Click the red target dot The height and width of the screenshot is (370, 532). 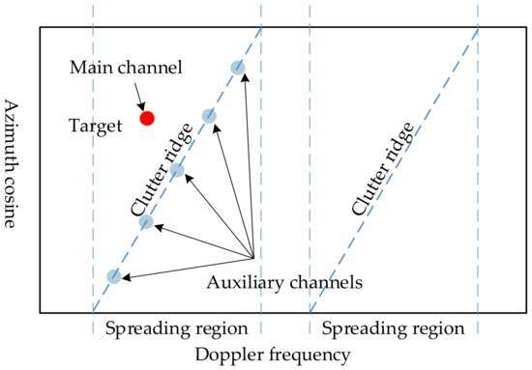(x=147, y=119)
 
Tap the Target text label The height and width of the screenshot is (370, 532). (x=95, y=126)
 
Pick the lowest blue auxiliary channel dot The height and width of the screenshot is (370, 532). (x=114, y=277)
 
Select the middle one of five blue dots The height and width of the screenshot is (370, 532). (x=177, y=171)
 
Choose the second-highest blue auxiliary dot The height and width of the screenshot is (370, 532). (x=208, y=117)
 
